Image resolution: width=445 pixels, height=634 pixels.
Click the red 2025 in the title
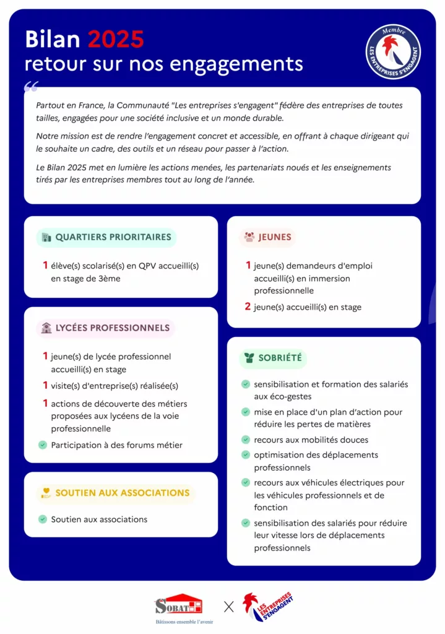click(x=116, y=40)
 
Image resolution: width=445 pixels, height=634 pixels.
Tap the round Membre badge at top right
click(x=393, y=52)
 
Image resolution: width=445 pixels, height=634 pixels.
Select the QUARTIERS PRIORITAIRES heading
click(x=113, y=237)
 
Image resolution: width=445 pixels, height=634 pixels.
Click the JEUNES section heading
click(x=275, y=237)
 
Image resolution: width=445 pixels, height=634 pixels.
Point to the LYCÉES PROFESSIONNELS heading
click(x=112, y=328)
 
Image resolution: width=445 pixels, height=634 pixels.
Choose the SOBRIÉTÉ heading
click(x=280, y=358)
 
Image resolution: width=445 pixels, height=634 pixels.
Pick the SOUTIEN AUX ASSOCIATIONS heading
click(x=122, y=493)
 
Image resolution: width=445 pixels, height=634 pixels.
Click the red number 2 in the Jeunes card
click(x=248, y=306)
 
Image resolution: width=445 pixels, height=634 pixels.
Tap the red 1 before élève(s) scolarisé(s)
click(x=45, y=266)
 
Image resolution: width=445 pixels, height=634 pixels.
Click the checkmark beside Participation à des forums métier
click(x=43, y=445)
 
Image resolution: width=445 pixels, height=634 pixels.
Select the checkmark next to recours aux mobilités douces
click(x=246, y=440)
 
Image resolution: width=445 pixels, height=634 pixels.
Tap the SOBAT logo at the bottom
click(x=179, y=605)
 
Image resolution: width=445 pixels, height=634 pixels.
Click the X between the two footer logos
click(x=229, y=607)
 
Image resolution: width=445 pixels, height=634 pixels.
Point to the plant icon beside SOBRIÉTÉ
click(x=249, y=358)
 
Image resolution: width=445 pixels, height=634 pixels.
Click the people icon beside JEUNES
click(x=249, y=237)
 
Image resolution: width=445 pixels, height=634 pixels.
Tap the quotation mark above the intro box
click(x=32, y=85)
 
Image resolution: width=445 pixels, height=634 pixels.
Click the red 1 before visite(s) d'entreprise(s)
click(x=45, y=386)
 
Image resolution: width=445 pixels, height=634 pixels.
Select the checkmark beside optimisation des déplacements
click(x=246, y=455)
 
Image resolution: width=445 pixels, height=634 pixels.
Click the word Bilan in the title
click(x=53, y=40)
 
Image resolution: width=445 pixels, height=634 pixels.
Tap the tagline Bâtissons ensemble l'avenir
click(x=184, y=622)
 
